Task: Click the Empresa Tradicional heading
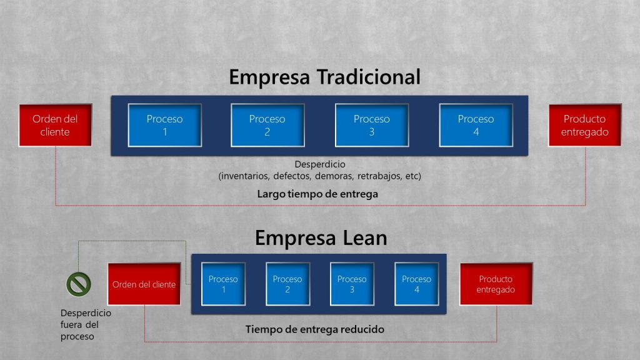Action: point(324,77)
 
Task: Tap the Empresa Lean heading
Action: point(321,238)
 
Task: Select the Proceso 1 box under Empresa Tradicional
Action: point(165,125)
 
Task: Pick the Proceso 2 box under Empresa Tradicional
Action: point(267,125)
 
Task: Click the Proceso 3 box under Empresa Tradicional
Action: point(372,125)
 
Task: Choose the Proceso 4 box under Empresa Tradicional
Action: point(476,125)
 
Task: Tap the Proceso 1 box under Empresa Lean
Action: point(223,284)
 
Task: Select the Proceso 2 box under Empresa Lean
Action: point(287,284)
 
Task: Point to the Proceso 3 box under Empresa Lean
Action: point(352,284)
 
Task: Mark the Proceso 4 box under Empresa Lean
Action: point(416,284)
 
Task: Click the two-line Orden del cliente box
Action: point(56,125)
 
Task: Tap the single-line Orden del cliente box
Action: point(144,284)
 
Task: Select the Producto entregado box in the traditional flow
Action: point(585,125)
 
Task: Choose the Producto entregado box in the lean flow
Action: point(496,284)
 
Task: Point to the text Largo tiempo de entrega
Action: point(317,194)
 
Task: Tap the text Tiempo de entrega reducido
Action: point(315,329)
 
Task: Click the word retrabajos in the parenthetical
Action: point(379,176)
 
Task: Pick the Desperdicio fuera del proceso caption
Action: point(86,324)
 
